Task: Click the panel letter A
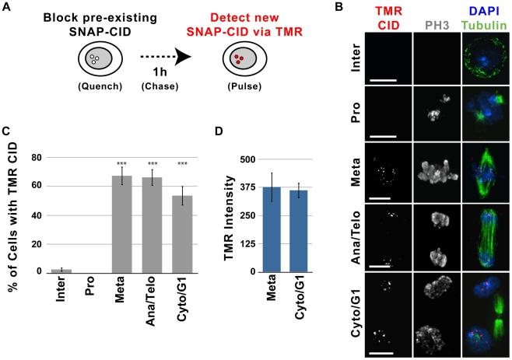7,8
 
